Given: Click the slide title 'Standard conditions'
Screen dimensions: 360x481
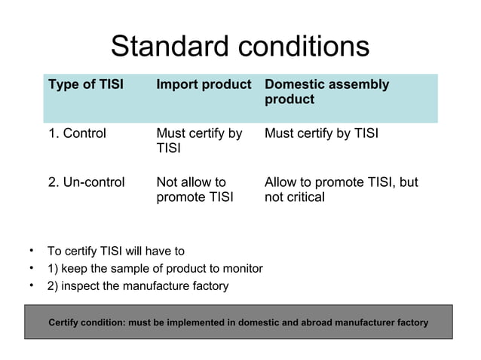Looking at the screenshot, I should point(240,47).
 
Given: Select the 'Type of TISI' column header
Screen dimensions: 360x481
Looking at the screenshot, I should point(86,84).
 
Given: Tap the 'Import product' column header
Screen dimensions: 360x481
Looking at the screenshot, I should point(204,84).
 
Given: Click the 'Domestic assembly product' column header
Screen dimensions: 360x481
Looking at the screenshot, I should point(326,92).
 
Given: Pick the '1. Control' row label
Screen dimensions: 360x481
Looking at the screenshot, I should point(77,134).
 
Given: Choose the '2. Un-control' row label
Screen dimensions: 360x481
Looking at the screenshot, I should point(87,182).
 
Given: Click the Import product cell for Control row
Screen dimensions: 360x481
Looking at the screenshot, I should point(199,141).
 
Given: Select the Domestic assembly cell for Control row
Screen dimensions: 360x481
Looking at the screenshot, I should point(321,134).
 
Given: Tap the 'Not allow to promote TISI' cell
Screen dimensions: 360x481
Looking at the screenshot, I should point(195,190).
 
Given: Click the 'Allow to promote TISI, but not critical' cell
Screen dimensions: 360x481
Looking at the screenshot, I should point(341,190).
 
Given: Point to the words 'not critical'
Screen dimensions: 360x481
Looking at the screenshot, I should point(295,197).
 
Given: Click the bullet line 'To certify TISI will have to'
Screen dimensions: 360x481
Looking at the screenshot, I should point(115,251).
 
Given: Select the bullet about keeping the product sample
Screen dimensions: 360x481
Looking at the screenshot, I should point(155,268).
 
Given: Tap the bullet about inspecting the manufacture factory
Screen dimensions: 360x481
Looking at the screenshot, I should point(137,286).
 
